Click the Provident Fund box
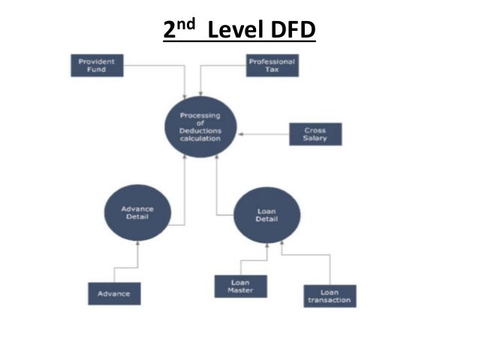click(96, 65)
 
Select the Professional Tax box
click(273, 65)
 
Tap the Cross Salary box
click(316, 135)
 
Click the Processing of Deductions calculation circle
click(200, 126)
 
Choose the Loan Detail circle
click(267, 215)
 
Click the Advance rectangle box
click(114, 293)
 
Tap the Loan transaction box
click(329, 297)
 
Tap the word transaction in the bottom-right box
click(329, 301)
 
